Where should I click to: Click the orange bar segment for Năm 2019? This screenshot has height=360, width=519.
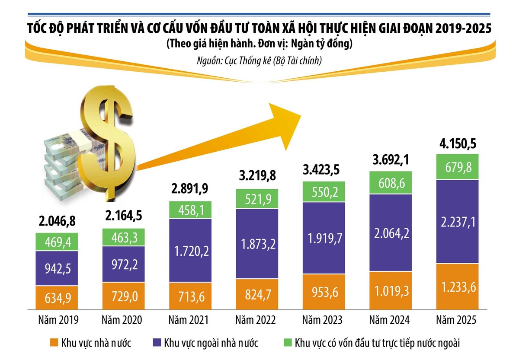(x=57, y=297)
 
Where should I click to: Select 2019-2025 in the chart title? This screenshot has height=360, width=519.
(x=463, y=29)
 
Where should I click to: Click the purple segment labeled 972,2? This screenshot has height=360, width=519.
(x=124, y=264)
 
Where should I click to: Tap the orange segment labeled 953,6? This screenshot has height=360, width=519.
(x=324, y=291)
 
